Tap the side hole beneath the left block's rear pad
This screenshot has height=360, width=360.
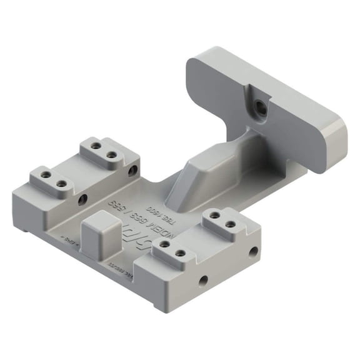[132, 170]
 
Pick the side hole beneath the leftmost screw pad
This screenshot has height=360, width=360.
[82, 200]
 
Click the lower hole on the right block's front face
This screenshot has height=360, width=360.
[202, 281]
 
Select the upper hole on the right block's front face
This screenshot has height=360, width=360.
[253, 251]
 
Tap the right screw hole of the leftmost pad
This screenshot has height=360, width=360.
[61, 184]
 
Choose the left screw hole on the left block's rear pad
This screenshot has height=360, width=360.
[96, 146]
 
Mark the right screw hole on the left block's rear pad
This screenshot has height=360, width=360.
[111, 154]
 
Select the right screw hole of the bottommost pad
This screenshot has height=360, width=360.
[181, 254]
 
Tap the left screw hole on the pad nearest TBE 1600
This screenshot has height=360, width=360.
[214, 216]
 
